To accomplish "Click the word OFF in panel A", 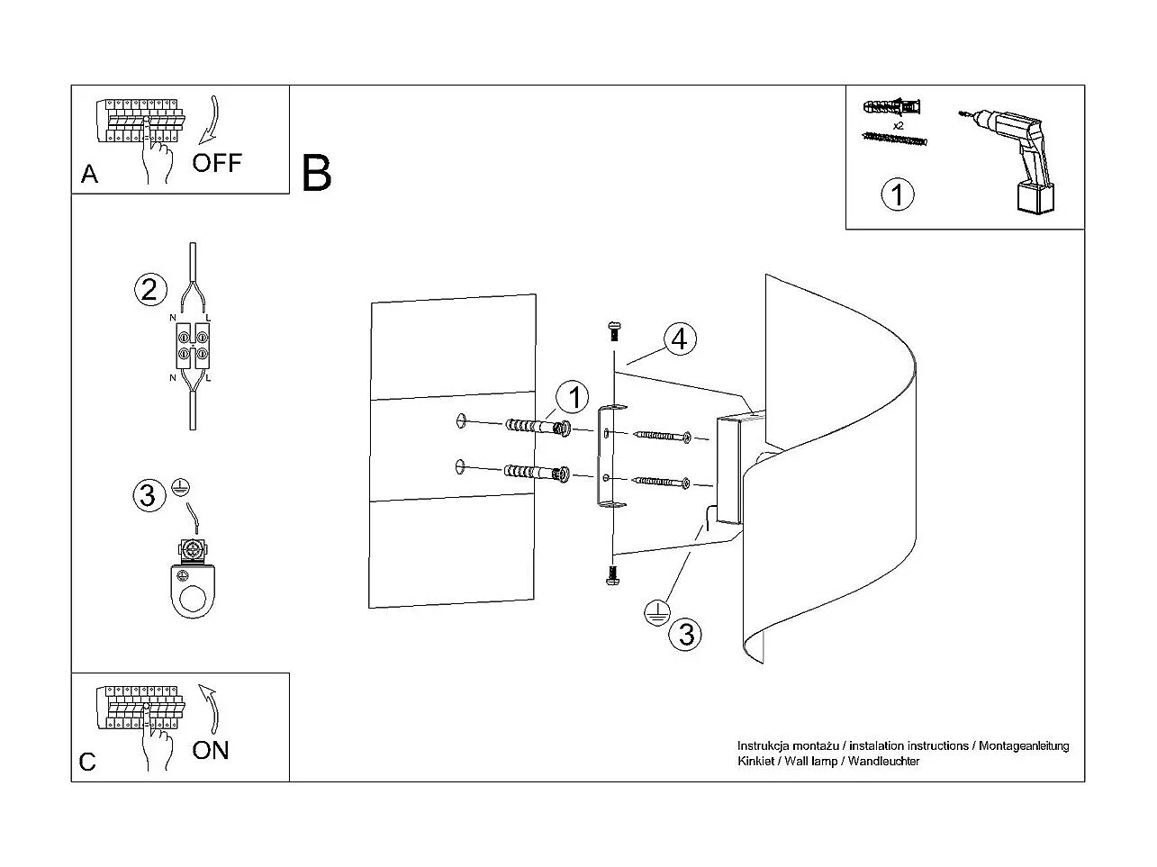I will [x=217, y=163].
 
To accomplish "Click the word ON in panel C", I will [x=211, y=750].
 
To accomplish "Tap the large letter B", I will [x=317, y=173].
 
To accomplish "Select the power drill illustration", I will [x=1013, y=158].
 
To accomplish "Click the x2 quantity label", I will [x=898, y=125].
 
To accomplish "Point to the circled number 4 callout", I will [x=680, y=339].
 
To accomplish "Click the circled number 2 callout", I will [x=150, y=289].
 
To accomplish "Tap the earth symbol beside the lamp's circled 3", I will [x=656, y=613].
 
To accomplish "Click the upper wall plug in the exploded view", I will [x=538, y=425].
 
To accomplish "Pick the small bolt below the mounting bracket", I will [x=613, y=574].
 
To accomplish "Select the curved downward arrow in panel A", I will [x=211, y=118].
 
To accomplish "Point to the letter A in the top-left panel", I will [x=89, y=174].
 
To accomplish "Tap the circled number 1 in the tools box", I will [x=897, y=194].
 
